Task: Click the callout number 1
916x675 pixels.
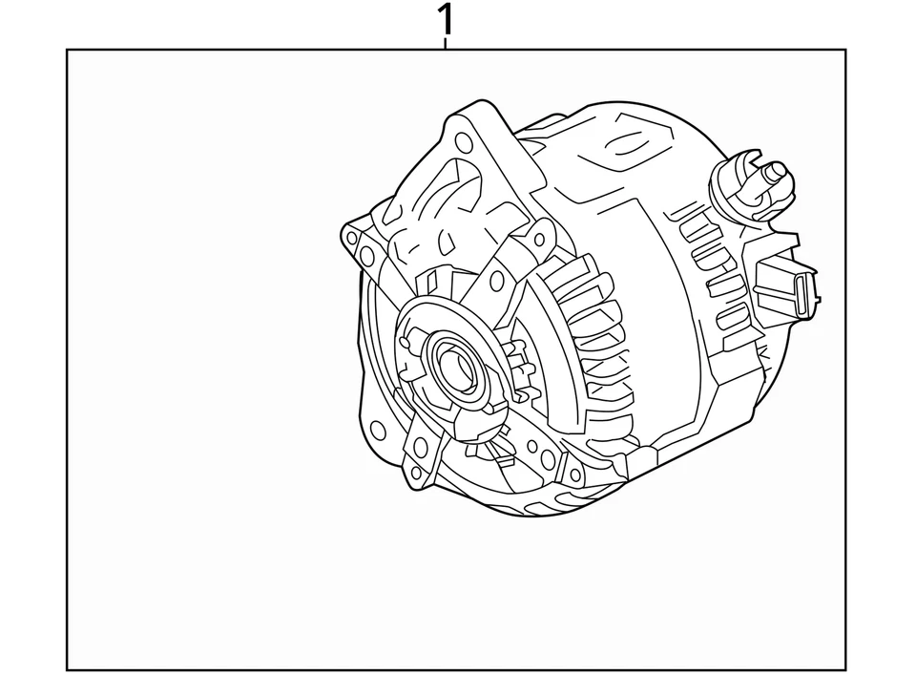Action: point(446,20)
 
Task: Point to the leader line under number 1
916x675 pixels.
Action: point(446,44)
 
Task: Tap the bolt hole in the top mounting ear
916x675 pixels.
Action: point(464,143)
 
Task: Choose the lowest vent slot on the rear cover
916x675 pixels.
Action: point(730,317)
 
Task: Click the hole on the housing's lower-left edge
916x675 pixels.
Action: point(378,429)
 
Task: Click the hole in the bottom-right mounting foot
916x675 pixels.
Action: point(575,474)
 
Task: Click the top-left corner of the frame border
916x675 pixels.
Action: point(67,50)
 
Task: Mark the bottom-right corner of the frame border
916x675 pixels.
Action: point(845,669)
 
